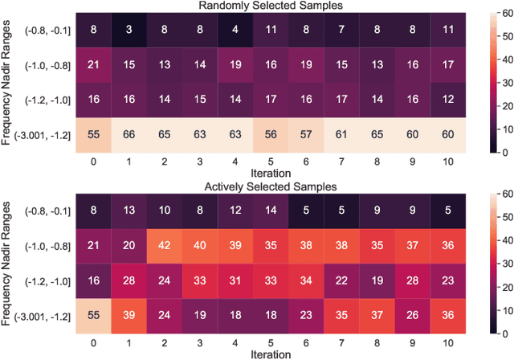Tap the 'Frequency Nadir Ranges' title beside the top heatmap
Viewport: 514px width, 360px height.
(x=8, y=82)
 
